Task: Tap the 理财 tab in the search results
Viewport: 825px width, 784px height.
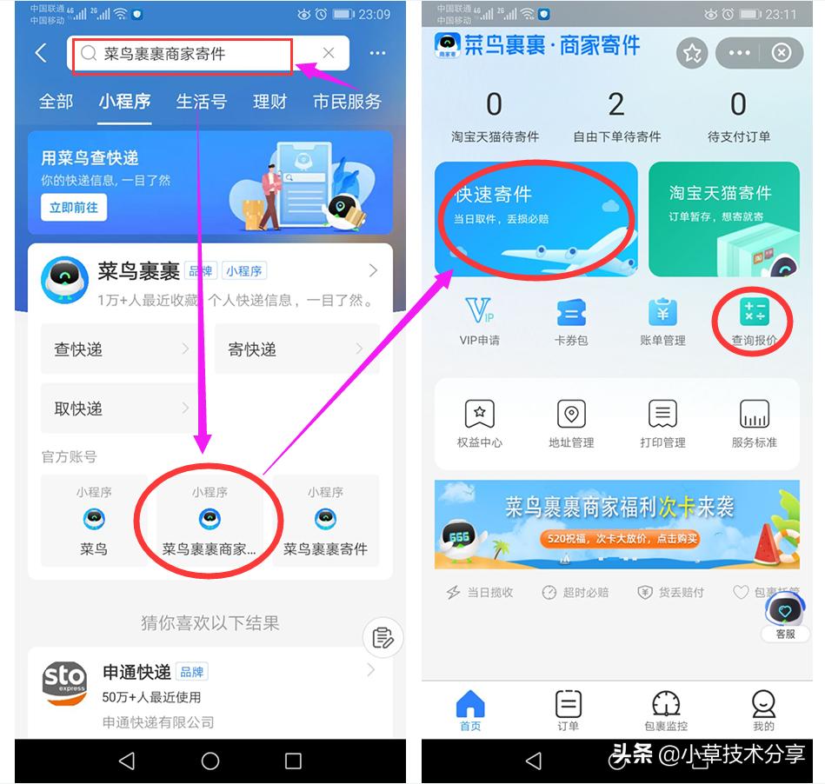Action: [269, 102]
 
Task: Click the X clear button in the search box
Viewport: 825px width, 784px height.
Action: [329, 53]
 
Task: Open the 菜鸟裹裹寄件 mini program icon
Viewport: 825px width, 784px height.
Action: [325, 520]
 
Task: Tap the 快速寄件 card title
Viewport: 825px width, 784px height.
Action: [494, 195]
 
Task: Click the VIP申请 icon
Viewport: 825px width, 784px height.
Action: [479, 311]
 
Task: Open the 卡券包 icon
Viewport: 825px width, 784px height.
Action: [571, 312]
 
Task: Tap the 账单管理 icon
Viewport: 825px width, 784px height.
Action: [662, 312]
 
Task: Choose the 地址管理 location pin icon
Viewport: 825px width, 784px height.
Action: [571, 415]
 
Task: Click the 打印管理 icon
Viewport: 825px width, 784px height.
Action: [662, 415]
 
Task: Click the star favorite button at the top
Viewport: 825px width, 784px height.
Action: [692, 53]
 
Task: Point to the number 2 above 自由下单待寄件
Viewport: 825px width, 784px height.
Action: [616, 105]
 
